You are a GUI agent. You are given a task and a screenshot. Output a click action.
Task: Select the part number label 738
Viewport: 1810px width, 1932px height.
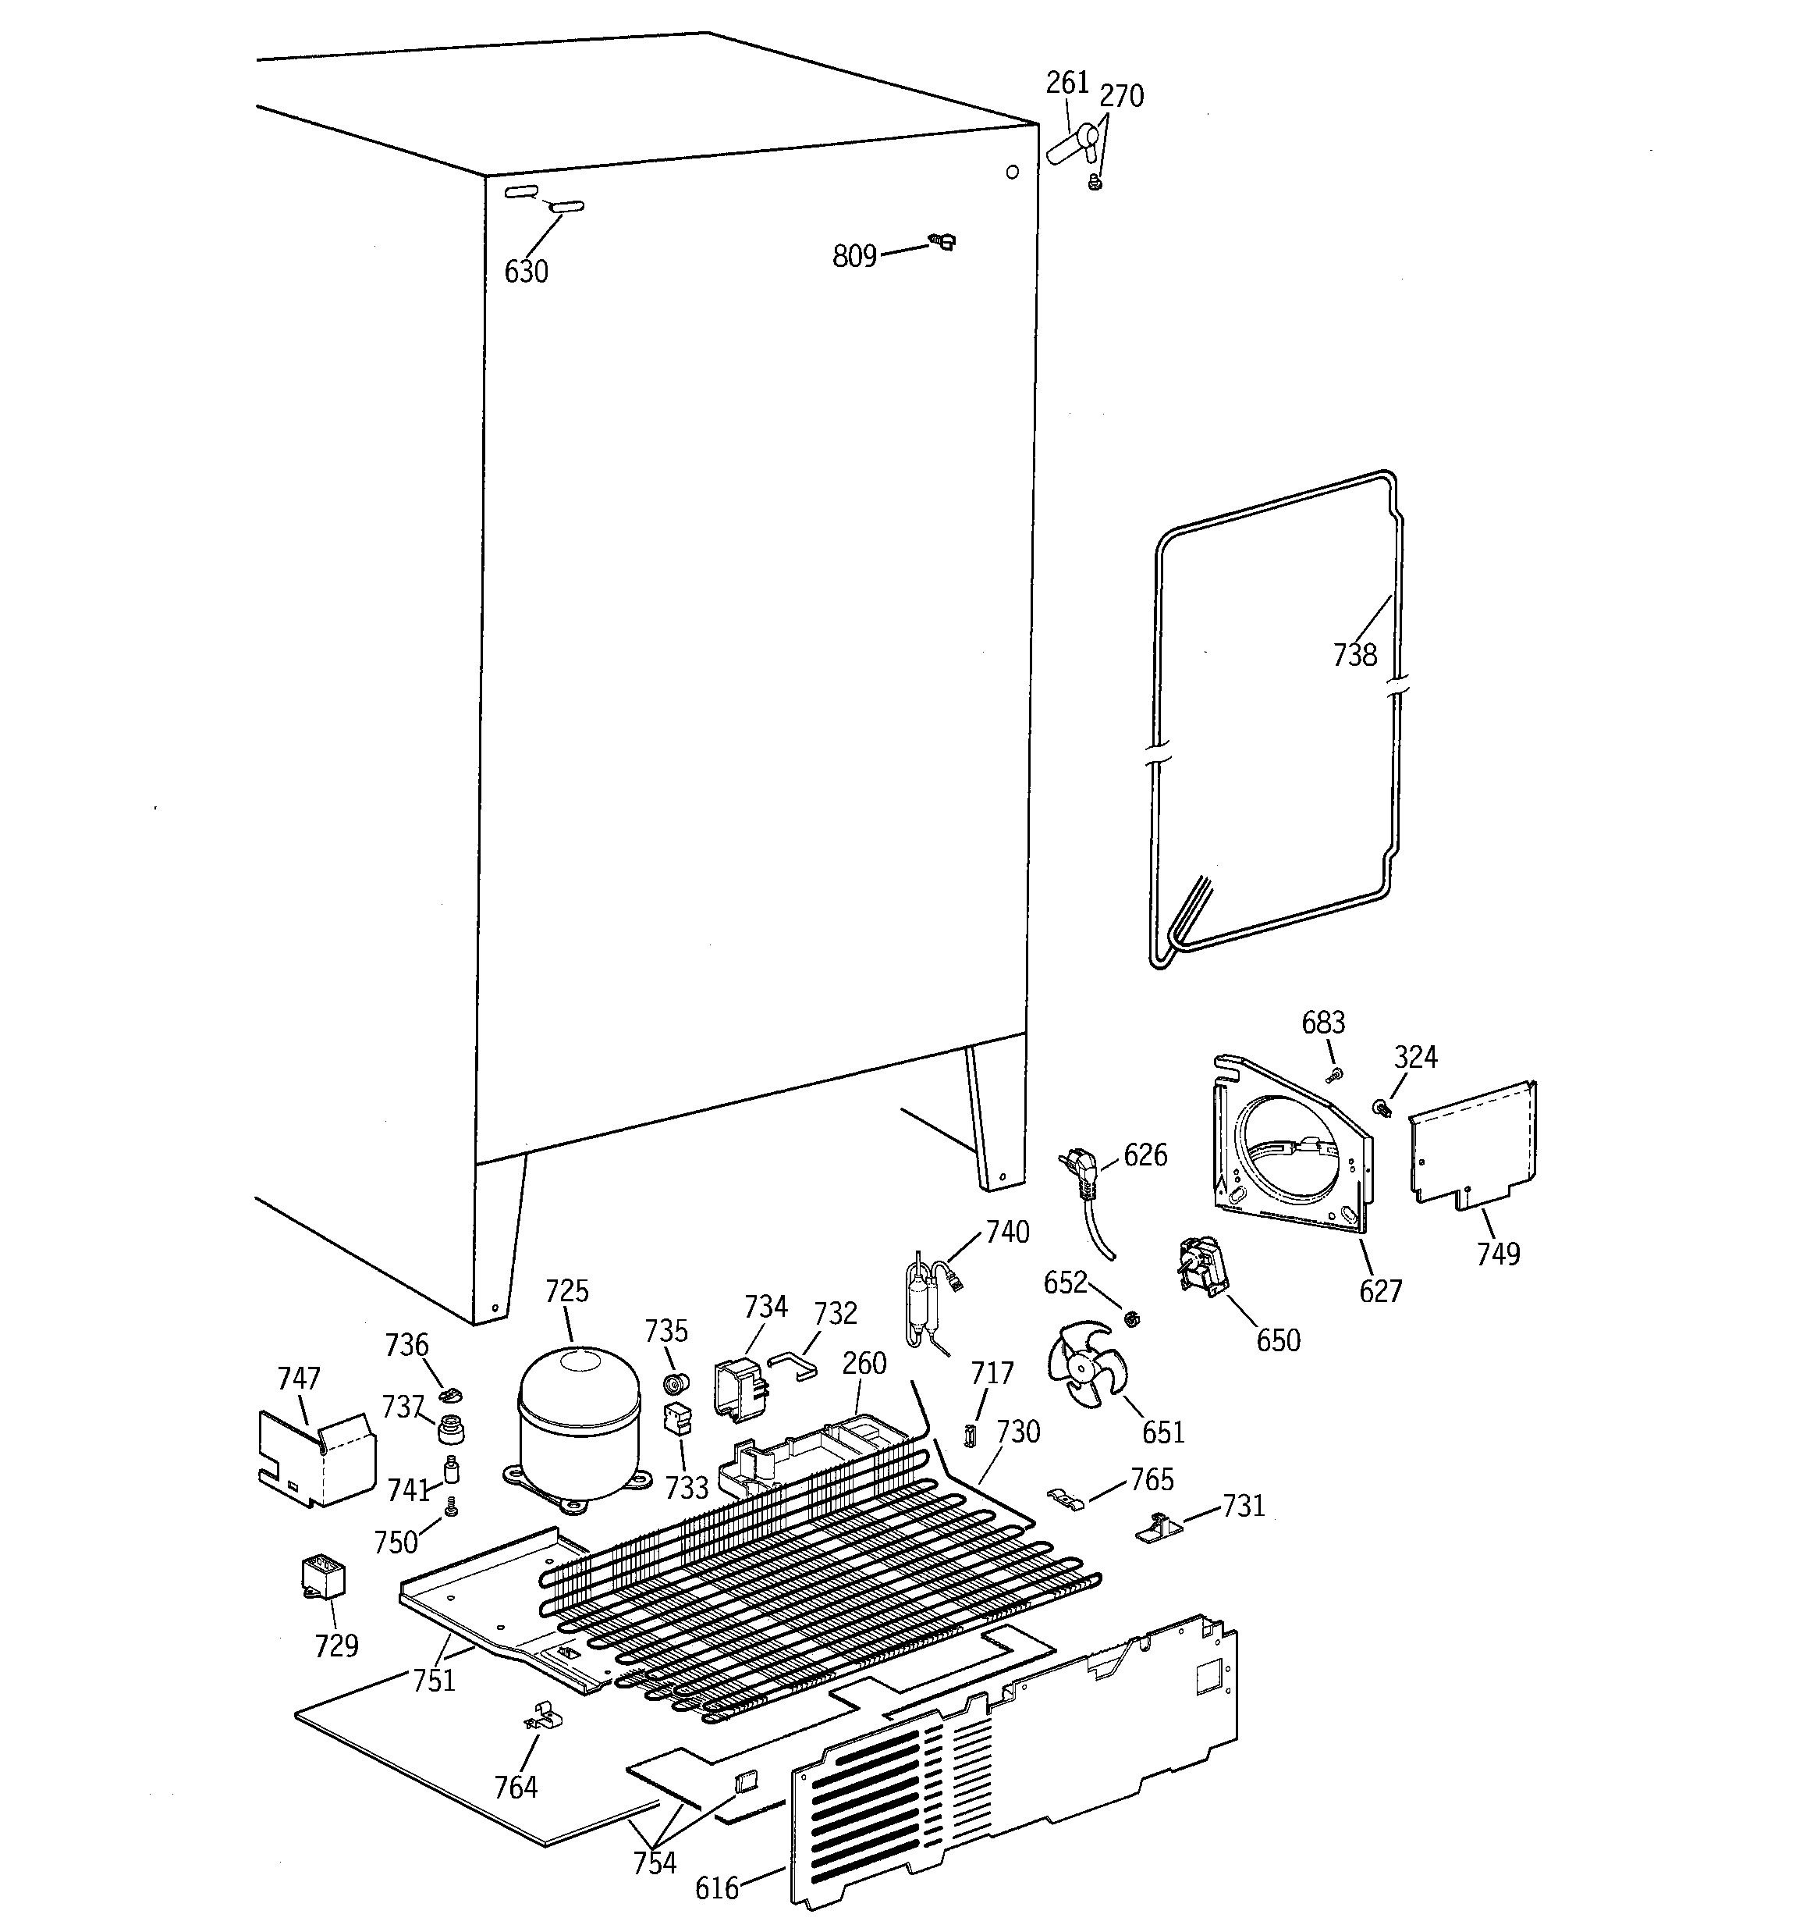(x=1354, y=655)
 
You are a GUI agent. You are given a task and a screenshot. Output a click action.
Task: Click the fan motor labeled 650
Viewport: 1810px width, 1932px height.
(x=1201, y=1265)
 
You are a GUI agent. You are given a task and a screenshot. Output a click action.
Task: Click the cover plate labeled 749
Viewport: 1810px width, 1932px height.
(x=1472, y=1145)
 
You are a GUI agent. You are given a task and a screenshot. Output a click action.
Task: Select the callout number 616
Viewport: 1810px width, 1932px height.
(x=717, y=1888)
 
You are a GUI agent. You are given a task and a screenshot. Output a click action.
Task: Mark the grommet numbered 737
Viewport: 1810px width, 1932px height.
(x=450, y=1429)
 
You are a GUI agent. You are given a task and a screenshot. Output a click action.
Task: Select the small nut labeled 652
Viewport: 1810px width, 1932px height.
(x=1131, y=1318)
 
